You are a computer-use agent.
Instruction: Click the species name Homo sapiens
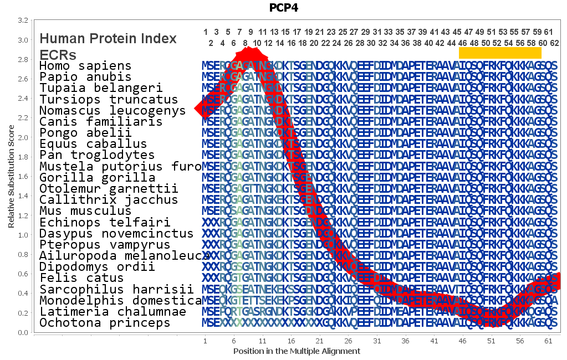[85, 66]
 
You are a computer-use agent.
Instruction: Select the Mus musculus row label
[85, 211]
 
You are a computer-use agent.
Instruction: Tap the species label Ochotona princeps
[105, 322]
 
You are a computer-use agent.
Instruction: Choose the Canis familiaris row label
[101, 121]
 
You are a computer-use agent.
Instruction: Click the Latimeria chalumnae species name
[113, 311]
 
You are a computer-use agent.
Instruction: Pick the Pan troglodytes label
[97, 155]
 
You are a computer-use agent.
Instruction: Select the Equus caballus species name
[85, 144]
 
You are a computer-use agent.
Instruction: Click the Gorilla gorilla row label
[97, 178]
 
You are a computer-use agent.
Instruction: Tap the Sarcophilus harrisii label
[116, 289]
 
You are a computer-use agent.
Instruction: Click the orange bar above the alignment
[500, 53]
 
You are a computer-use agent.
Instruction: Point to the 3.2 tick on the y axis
[23, 20]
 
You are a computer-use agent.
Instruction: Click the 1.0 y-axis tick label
[23, 235]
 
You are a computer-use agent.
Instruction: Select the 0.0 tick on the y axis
[23, 332]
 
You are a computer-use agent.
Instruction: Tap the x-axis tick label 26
[348, 341]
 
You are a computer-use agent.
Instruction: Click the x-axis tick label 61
[548, 341]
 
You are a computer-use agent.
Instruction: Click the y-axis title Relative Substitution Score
[11, 176]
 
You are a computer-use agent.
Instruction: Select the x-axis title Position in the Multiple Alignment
[297, 351]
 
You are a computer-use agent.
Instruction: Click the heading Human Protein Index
[108, 39]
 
